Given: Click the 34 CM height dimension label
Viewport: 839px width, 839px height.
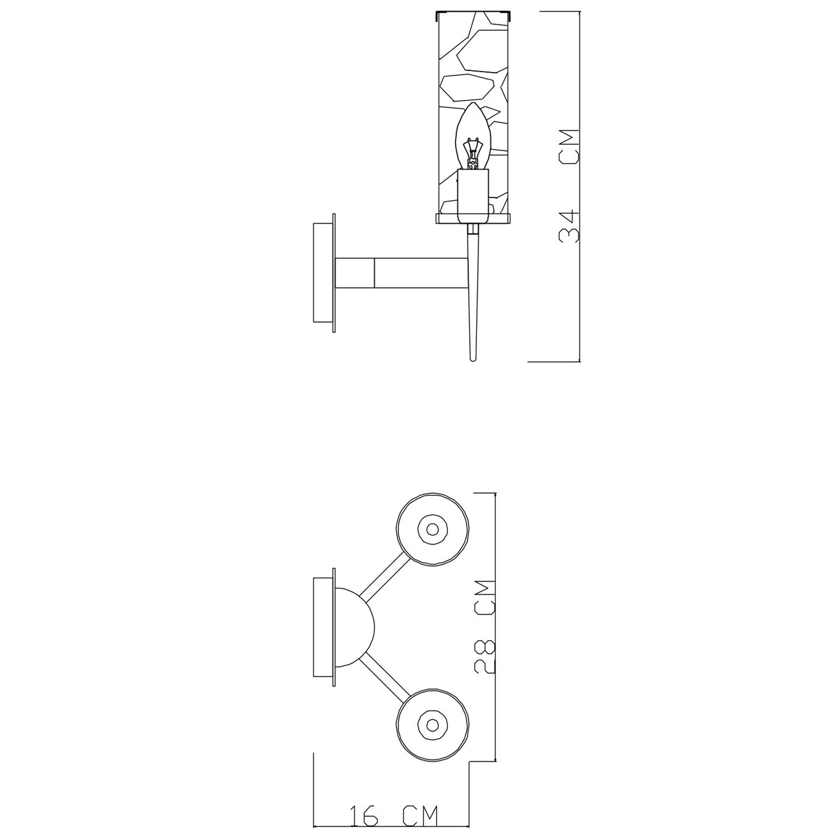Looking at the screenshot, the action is coord(569,186).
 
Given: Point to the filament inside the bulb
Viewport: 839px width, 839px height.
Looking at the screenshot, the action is coord(472,154).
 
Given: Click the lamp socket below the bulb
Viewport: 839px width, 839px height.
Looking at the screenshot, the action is coord(473,196).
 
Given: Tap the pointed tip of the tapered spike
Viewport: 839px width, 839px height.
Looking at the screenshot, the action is coord(473,361).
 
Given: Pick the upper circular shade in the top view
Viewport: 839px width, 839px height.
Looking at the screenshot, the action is coord(433,529).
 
